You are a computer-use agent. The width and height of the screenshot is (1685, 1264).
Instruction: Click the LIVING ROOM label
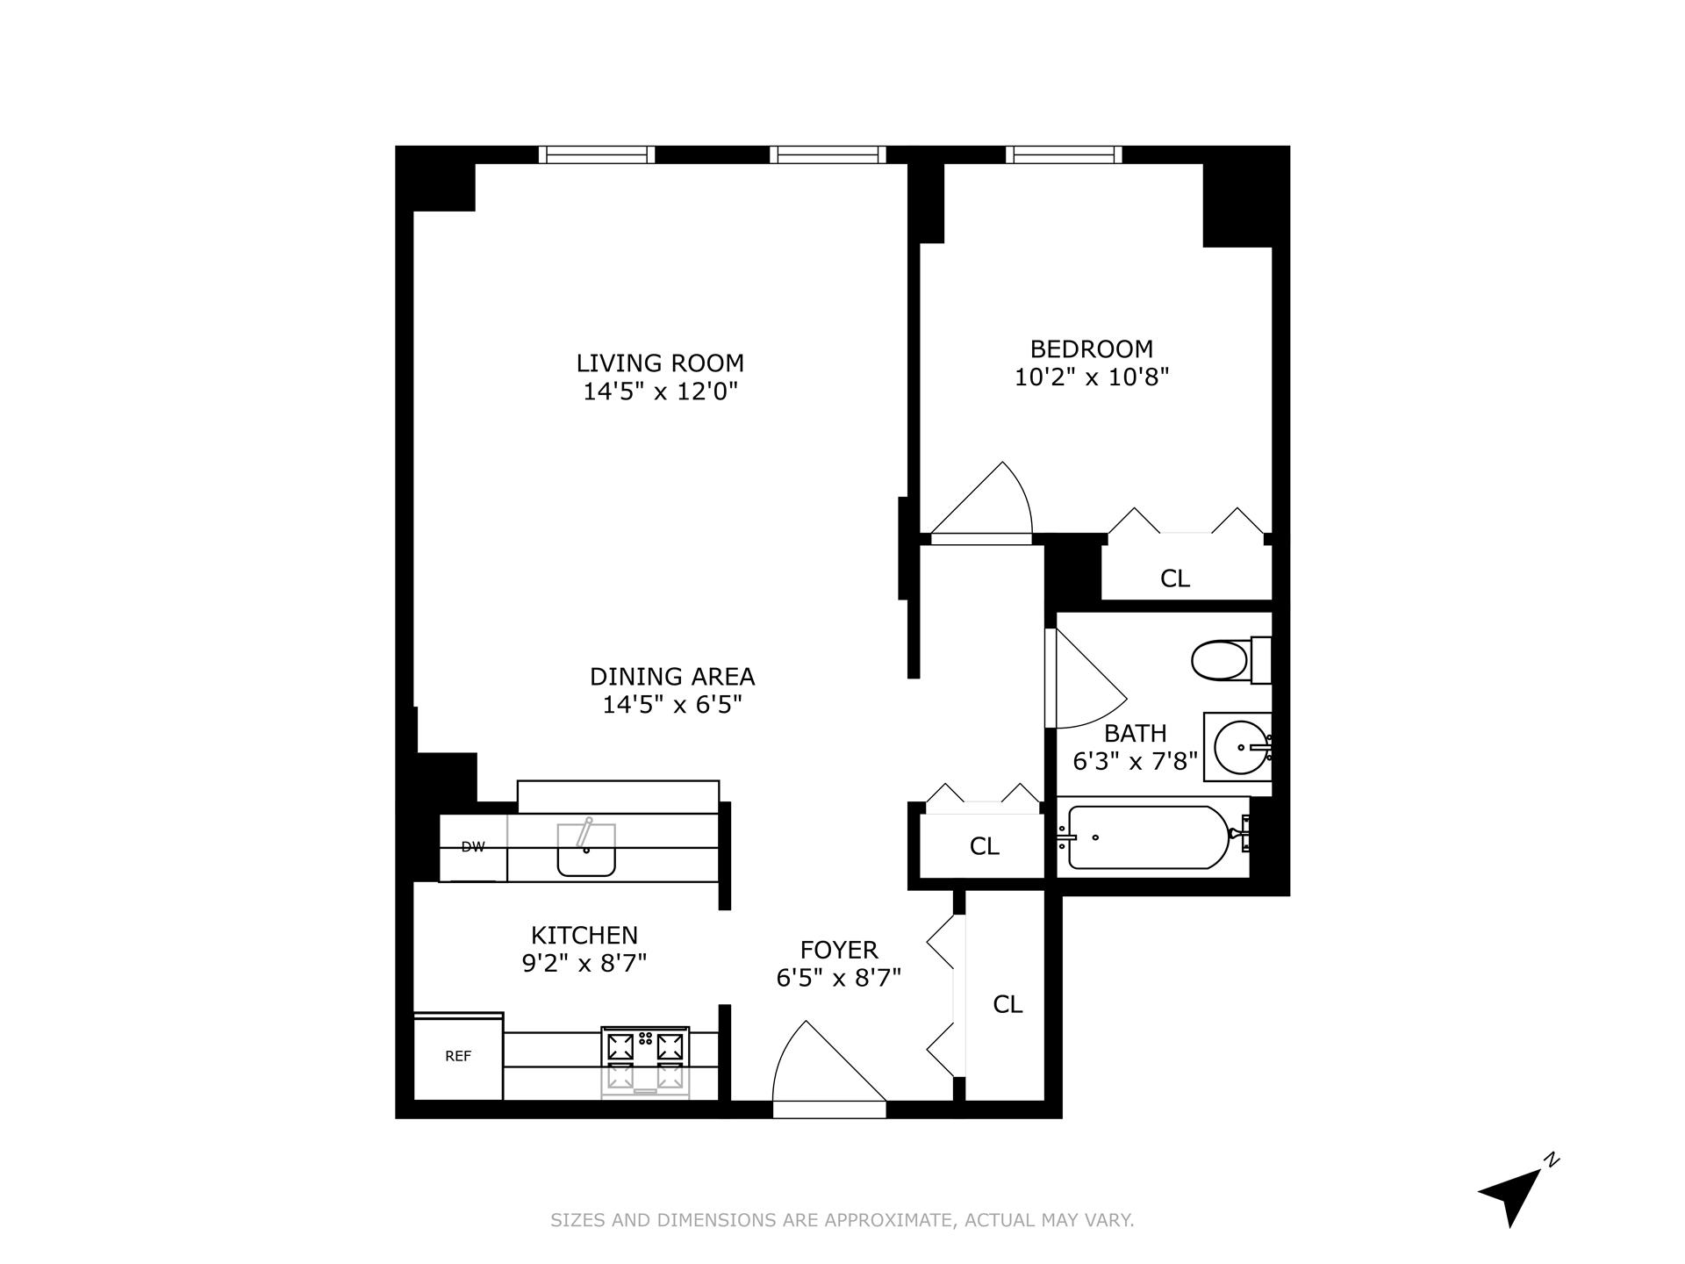click(x=660, y=363)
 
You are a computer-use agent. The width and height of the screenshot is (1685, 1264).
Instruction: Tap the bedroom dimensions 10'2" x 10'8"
click(x=1092, y=377)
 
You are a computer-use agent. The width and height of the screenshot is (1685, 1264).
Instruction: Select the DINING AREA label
click(x=672, y=677)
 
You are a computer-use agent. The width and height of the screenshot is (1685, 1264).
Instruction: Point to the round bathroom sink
click(x=1241, y=748)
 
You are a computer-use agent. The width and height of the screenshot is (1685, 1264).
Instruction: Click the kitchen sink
click(x=586, y=850)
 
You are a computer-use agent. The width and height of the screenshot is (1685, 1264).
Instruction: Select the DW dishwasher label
click(x=473, y=847)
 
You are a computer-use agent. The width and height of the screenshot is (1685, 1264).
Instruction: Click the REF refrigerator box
click(x=458, y=1057)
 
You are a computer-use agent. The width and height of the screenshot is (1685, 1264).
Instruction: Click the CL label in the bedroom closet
click(x=1174, y=578)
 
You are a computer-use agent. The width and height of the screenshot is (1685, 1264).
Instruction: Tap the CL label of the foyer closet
click(x=1007, y=1004)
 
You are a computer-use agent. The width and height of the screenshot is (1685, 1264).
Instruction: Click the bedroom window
click(x=1064, y=155)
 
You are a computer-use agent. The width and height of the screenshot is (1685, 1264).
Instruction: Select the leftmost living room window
click(x=597, y=155)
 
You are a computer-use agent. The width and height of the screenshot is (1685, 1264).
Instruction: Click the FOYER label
click(x=839, y=950)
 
